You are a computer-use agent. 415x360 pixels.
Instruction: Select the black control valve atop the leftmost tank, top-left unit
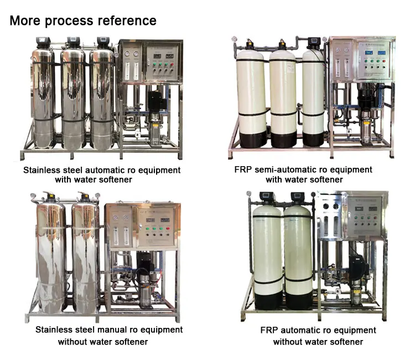43,42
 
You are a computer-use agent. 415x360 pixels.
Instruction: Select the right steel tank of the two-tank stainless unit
86,255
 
